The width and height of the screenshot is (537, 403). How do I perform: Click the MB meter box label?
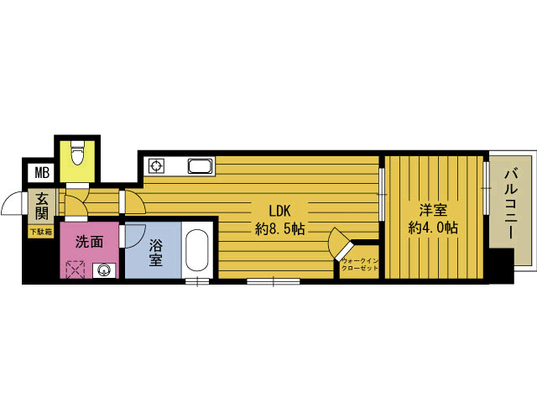click(43, 173)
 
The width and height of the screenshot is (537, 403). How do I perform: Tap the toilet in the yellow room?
click(76, 154)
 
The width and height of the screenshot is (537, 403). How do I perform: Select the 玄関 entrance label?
click(42, 206)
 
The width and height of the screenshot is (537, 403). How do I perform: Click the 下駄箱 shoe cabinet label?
click(41, 232)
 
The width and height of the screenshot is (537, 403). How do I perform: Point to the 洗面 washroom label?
click(89, 243)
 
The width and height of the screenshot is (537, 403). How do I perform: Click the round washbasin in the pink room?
click(103, 270)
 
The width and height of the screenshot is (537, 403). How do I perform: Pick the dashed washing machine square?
click(76, 270)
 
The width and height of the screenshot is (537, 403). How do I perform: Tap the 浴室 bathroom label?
click(155, 253)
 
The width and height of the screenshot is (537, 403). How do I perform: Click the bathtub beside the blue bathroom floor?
click(196, 250)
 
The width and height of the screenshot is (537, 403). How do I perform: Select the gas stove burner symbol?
click(156, 166)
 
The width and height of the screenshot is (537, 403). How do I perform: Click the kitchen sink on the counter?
click(201, 166)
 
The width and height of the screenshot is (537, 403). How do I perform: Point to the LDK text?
click(279, 211)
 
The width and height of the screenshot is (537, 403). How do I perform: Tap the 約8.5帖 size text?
click(279, 228)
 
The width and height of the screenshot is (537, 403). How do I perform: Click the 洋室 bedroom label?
click(433, 210)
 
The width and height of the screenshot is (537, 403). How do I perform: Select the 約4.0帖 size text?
click(433, 228)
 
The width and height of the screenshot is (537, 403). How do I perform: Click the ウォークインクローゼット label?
click(360, 264)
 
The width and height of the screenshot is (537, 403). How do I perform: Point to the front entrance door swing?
click(13, 204)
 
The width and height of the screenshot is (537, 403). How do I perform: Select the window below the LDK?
click(274, 282)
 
